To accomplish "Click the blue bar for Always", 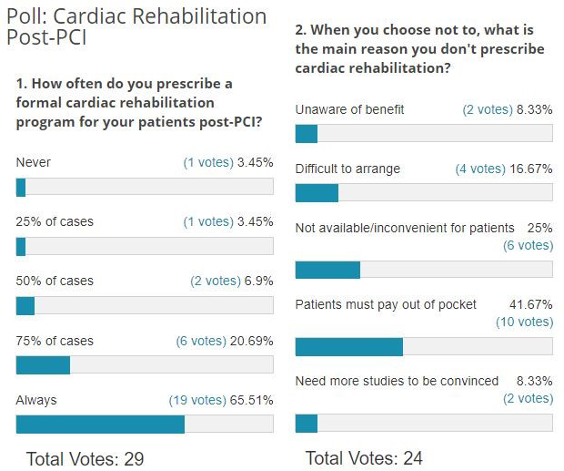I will pos(100,424).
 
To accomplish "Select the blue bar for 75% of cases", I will pos(43,364).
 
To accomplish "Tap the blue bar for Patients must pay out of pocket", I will pos(348,347).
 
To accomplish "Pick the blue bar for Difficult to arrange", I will pos(317,192).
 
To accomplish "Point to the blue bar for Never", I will pos(21,187).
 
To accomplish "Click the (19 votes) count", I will pos(196,400).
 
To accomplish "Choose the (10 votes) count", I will pos(524,322).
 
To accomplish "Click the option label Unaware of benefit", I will pos(349,109).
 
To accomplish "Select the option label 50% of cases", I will pos(55,281).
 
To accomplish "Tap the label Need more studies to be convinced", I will pos(397,381).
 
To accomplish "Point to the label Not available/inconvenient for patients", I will pos(405,228).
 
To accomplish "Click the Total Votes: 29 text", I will pos(85,458).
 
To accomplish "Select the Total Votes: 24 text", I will pos(364,458).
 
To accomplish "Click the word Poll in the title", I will pos(25,16).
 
